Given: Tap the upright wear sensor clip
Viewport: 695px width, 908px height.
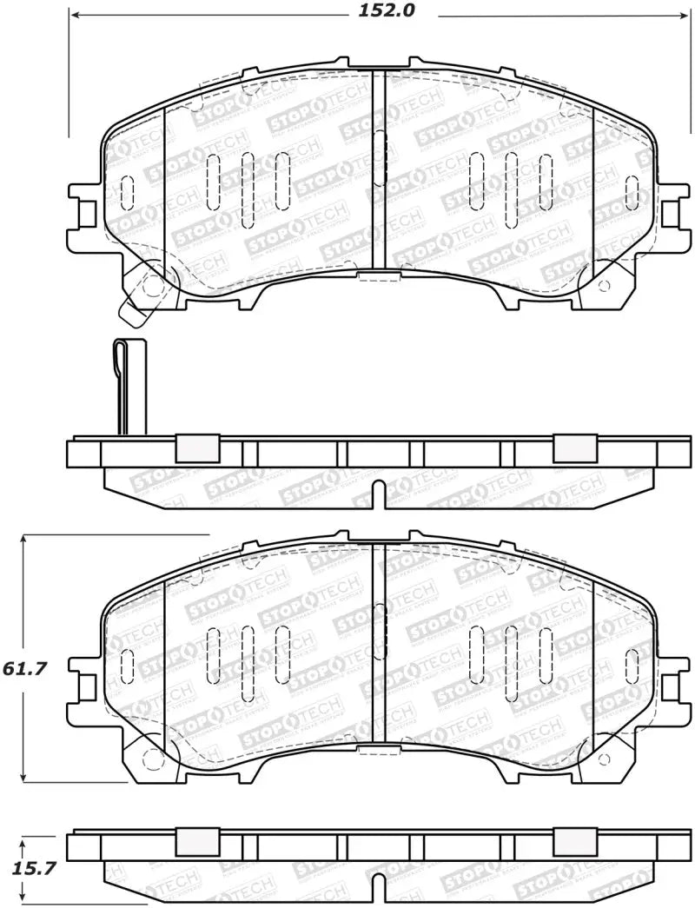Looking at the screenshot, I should click(x=130, y=387).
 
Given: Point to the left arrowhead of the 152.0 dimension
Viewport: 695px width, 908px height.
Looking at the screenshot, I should click(x=74, y=15).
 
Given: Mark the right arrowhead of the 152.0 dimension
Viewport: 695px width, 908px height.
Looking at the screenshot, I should click(x=681, y=15).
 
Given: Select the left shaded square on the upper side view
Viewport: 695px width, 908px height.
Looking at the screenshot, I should click(x=196, y=447).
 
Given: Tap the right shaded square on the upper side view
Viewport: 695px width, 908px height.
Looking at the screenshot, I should click(x=574, y=447).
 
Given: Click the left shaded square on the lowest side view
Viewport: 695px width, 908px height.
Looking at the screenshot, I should click(x=196, y=841).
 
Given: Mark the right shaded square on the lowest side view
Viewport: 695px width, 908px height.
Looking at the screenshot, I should click(x=574, y=841).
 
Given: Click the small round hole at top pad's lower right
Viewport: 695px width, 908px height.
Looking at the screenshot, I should click(x=605, y=286).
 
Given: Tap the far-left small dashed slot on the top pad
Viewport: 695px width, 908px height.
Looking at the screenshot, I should click(x=128, y=192).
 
